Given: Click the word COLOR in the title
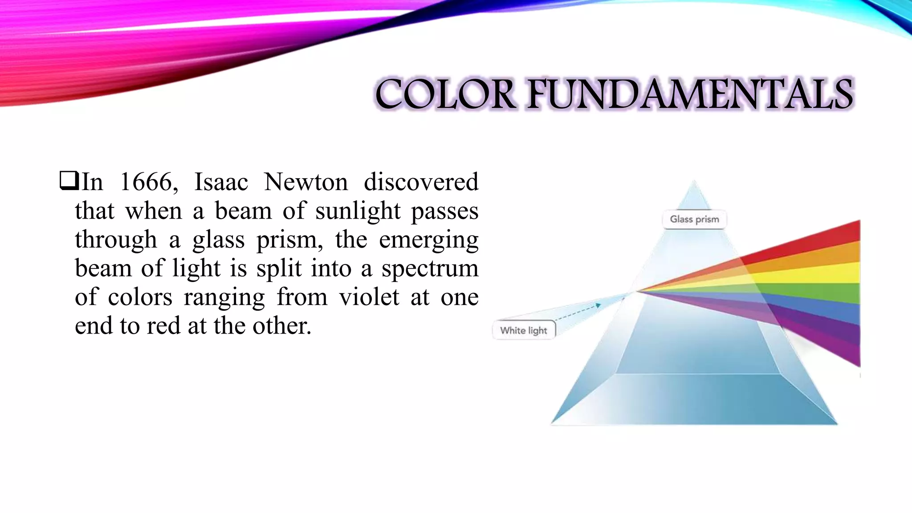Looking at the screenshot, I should coord(445,94).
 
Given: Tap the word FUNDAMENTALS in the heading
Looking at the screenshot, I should coord(690,94).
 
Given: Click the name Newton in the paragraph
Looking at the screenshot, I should coord(305,182).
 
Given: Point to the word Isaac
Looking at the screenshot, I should coord(221,182).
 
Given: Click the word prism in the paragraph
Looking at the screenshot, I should coord(289,240).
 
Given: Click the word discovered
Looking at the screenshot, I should coord(421,182).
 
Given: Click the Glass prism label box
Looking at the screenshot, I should coord(694,219).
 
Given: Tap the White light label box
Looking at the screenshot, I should coord(523,330).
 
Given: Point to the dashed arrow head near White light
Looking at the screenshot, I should coord(598,305).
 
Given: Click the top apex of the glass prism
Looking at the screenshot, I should coord(694,182).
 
